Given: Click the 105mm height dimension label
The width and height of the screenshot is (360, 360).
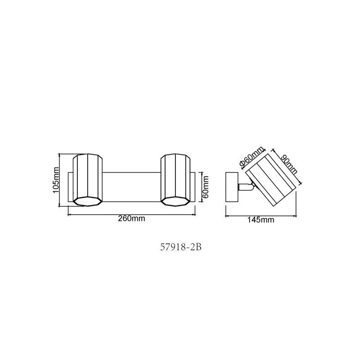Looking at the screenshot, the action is (x=56, y=180).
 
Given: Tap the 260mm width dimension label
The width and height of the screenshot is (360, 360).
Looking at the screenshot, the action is (x=131, y=218).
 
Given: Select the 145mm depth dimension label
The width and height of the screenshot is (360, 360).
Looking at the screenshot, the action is (x=261, y=220).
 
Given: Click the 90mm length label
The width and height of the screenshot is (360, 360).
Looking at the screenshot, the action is (x=289, y=164).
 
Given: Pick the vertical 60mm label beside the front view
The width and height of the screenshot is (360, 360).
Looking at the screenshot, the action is (x=206, y=187).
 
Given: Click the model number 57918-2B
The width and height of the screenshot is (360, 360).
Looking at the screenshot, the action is (x=181, y=247).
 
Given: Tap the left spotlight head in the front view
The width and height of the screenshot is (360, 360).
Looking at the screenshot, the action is (x=88, y=180).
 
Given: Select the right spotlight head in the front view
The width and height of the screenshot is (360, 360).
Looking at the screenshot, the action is (x=175, y=180).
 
